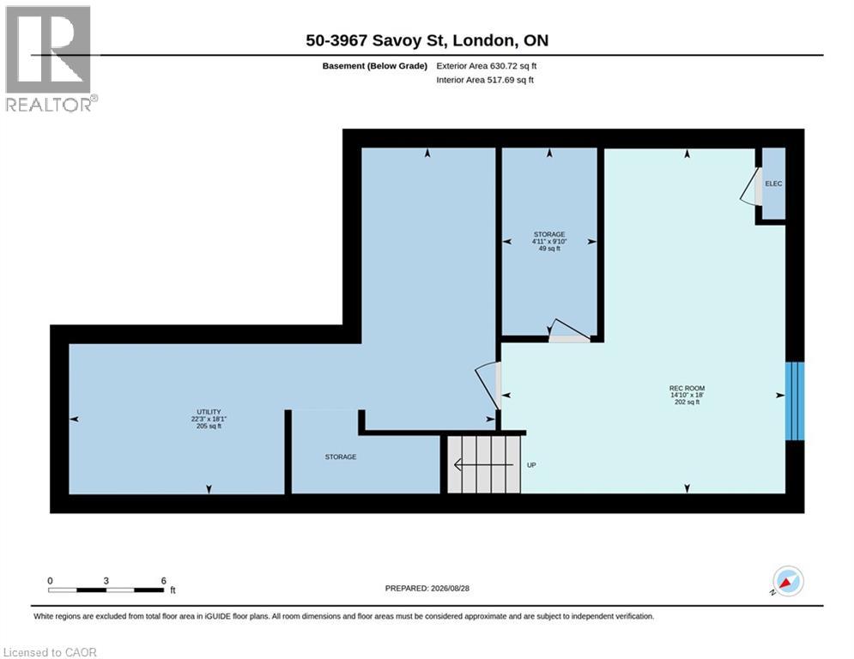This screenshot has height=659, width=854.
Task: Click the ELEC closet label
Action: click(773, 184)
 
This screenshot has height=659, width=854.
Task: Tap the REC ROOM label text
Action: click(687, 389)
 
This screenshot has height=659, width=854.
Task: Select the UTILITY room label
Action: click(209, 412)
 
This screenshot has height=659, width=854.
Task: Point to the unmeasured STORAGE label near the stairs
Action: click(341, 457)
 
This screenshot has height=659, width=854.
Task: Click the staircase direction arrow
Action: click(483, 465)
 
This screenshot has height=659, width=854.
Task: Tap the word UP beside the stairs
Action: click(531, 465)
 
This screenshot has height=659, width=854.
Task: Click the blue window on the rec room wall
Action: click(794, 401)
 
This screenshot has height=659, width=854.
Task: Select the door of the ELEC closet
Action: click(752, 186)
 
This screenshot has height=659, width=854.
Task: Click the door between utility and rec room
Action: click(488, 385)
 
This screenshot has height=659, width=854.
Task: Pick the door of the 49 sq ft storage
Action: click(568, 331)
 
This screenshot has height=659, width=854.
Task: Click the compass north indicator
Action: click(788, 582)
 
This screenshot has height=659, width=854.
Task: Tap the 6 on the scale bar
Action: click(163, 581)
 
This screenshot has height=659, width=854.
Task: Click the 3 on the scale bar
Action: click(106, 581)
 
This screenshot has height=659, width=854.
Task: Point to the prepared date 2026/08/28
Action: click(450, 588)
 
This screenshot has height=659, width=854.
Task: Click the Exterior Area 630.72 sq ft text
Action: click(487, 66)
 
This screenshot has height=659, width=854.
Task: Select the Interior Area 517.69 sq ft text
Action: click(485, 80)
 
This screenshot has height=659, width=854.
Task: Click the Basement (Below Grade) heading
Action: click(375, 66)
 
